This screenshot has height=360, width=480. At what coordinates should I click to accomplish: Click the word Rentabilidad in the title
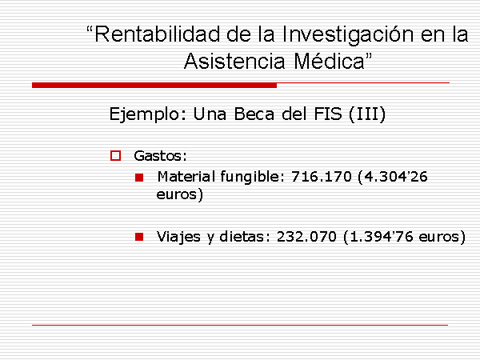(158, 34)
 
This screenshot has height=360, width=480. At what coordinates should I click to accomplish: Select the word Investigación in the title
(348, 35)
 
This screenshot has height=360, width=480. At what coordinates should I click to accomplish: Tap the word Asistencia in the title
(234, 61)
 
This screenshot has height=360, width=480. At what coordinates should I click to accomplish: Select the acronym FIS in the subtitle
(328, 114)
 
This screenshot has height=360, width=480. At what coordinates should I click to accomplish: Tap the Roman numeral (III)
(367, 114)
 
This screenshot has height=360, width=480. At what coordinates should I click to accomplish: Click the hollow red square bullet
(115, 155)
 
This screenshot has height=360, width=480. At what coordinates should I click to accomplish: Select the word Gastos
(160, 156)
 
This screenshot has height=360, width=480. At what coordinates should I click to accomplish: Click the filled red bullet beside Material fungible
(139, 178)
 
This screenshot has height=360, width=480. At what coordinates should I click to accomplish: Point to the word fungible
(254, 178)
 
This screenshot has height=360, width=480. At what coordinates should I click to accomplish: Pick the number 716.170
(322, 177)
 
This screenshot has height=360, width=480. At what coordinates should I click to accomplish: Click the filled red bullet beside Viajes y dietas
(139, 237)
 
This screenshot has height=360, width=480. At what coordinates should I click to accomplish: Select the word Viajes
(178, 237)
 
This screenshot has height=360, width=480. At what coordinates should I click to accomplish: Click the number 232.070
(306, 237)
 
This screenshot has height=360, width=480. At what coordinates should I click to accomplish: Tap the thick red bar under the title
(154, 86)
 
